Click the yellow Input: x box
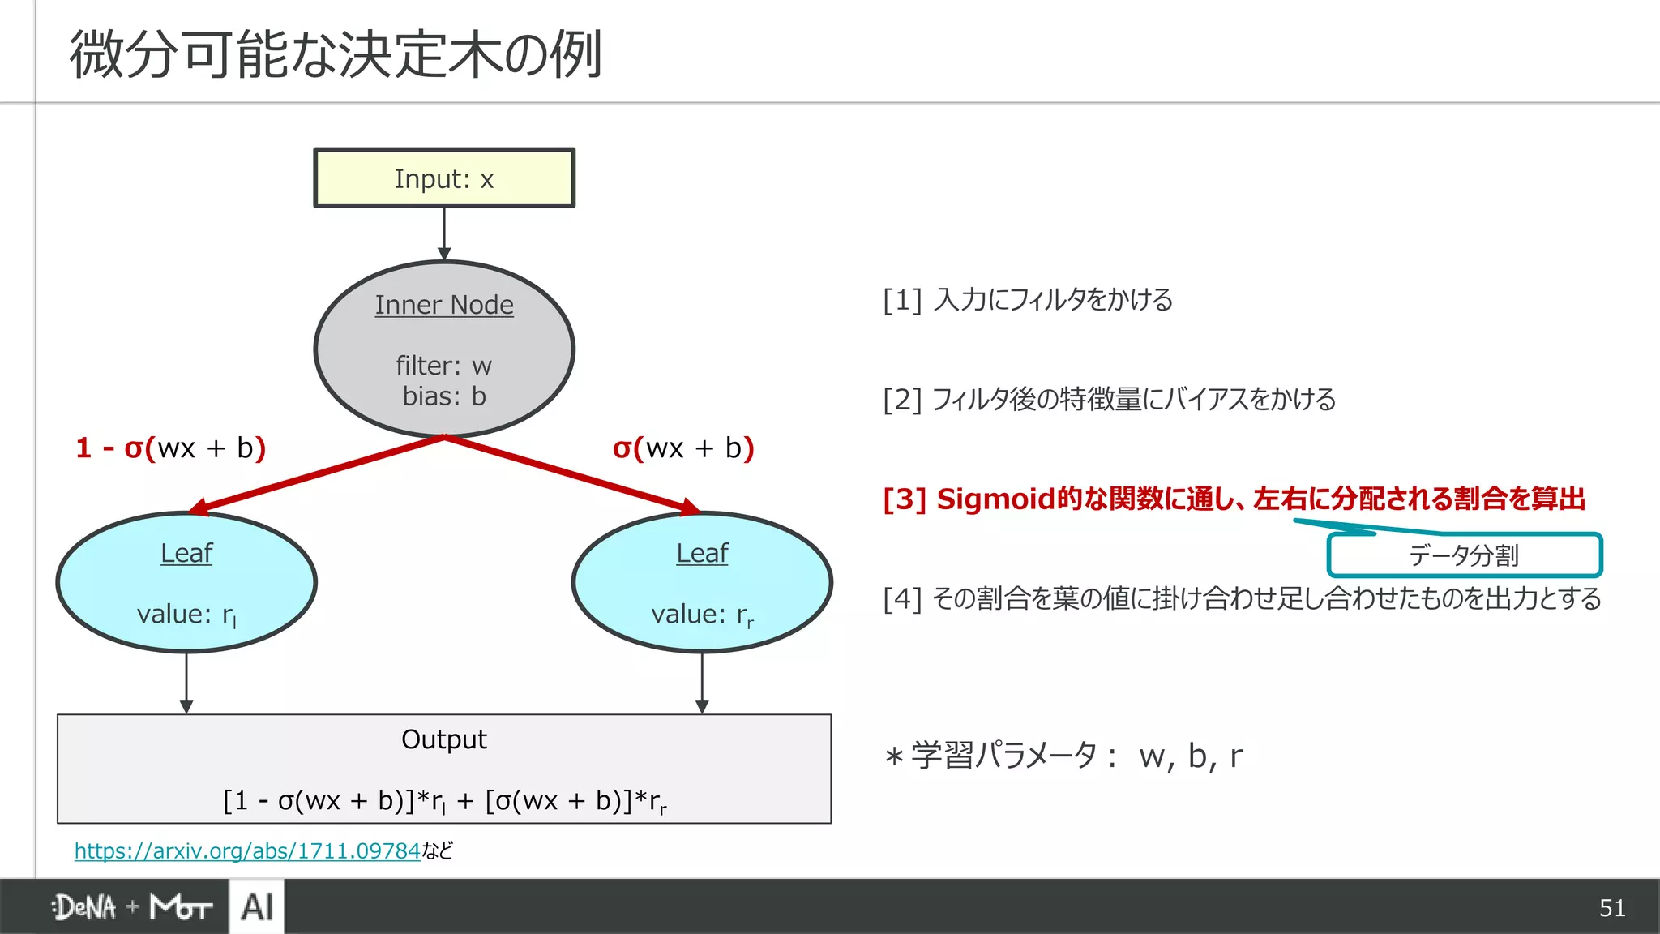(x=444, y=178)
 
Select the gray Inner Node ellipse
(x=444, y=349)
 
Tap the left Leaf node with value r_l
(x=186, y=582)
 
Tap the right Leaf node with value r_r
(x=702, y=582)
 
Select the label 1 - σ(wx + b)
(x=171, y=448)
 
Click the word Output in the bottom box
(x=444, y=739)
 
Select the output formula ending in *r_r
(x=444, y=801)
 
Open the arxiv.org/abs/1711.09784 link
(x=247, y=850)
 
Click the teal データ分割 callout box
(x=1464, y=555)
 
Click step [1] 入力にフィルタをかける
(x=1028, y=300)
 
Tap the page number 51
(x=1612, y=908)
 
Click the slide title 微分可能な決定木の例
(x=336, y=55)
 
